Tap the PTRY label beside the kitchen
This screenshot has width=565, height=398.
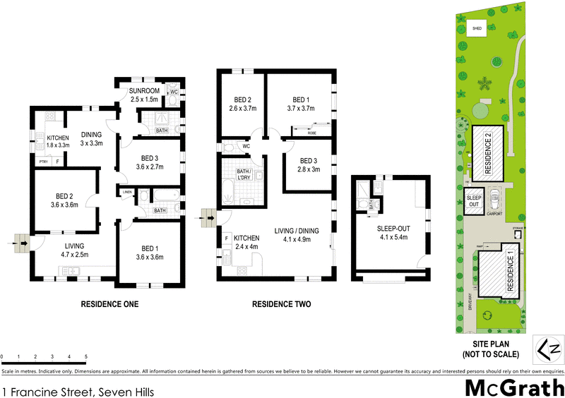44,161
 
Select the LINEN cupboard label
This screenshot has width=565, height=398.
127,192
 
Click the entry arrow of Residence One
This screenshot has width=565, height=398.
23,244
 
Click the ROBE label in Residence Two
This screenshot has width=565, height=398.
310,132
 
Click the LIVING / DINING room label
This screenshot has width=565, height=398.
298,234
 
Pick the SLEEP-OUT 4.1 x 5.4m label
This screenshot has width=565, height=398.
392,233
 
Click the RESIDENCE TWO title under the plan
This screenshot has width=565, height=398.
282,305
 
